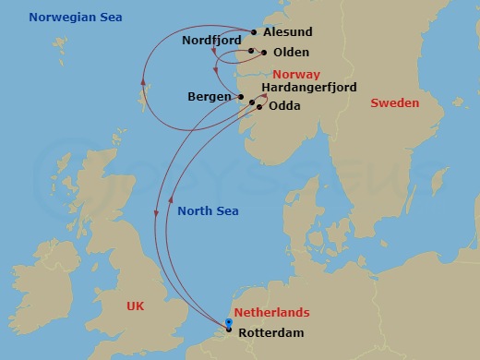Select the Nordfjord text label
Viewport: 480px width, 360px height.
(211, 42)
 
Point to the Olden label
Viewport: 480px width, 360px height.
(292, 53)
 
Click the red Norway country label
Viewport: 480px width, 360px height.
(296, 74)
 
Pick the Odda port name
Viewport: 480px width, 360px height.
(283, 106)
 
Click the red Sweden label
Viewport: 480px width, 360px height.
(394, 102)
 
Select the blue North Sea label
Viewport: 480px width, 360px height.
(209, 211)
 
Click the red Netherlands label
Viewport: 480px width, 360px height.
(271, 313)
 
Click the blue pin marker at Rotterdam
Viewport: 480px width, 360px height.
(229, 322)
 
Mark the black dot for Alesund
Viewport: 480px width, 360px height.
(254, 31)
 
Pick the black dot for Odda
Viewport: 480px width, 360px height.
(259, 107)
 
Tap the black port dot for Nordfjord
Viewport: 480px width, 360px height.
(250, 42)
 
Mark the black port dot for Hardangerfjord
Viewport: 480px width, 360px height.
(253, 102)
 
